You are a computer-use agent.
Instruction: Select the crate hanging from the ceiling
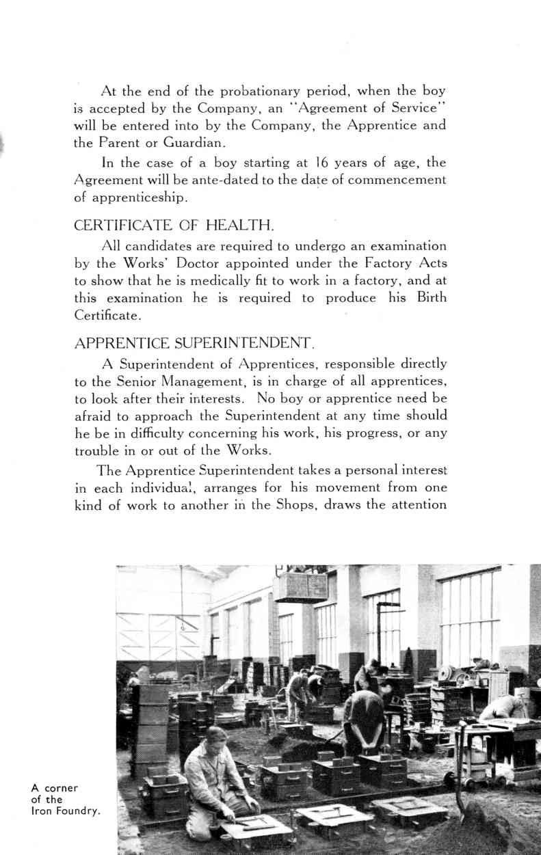301,586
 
